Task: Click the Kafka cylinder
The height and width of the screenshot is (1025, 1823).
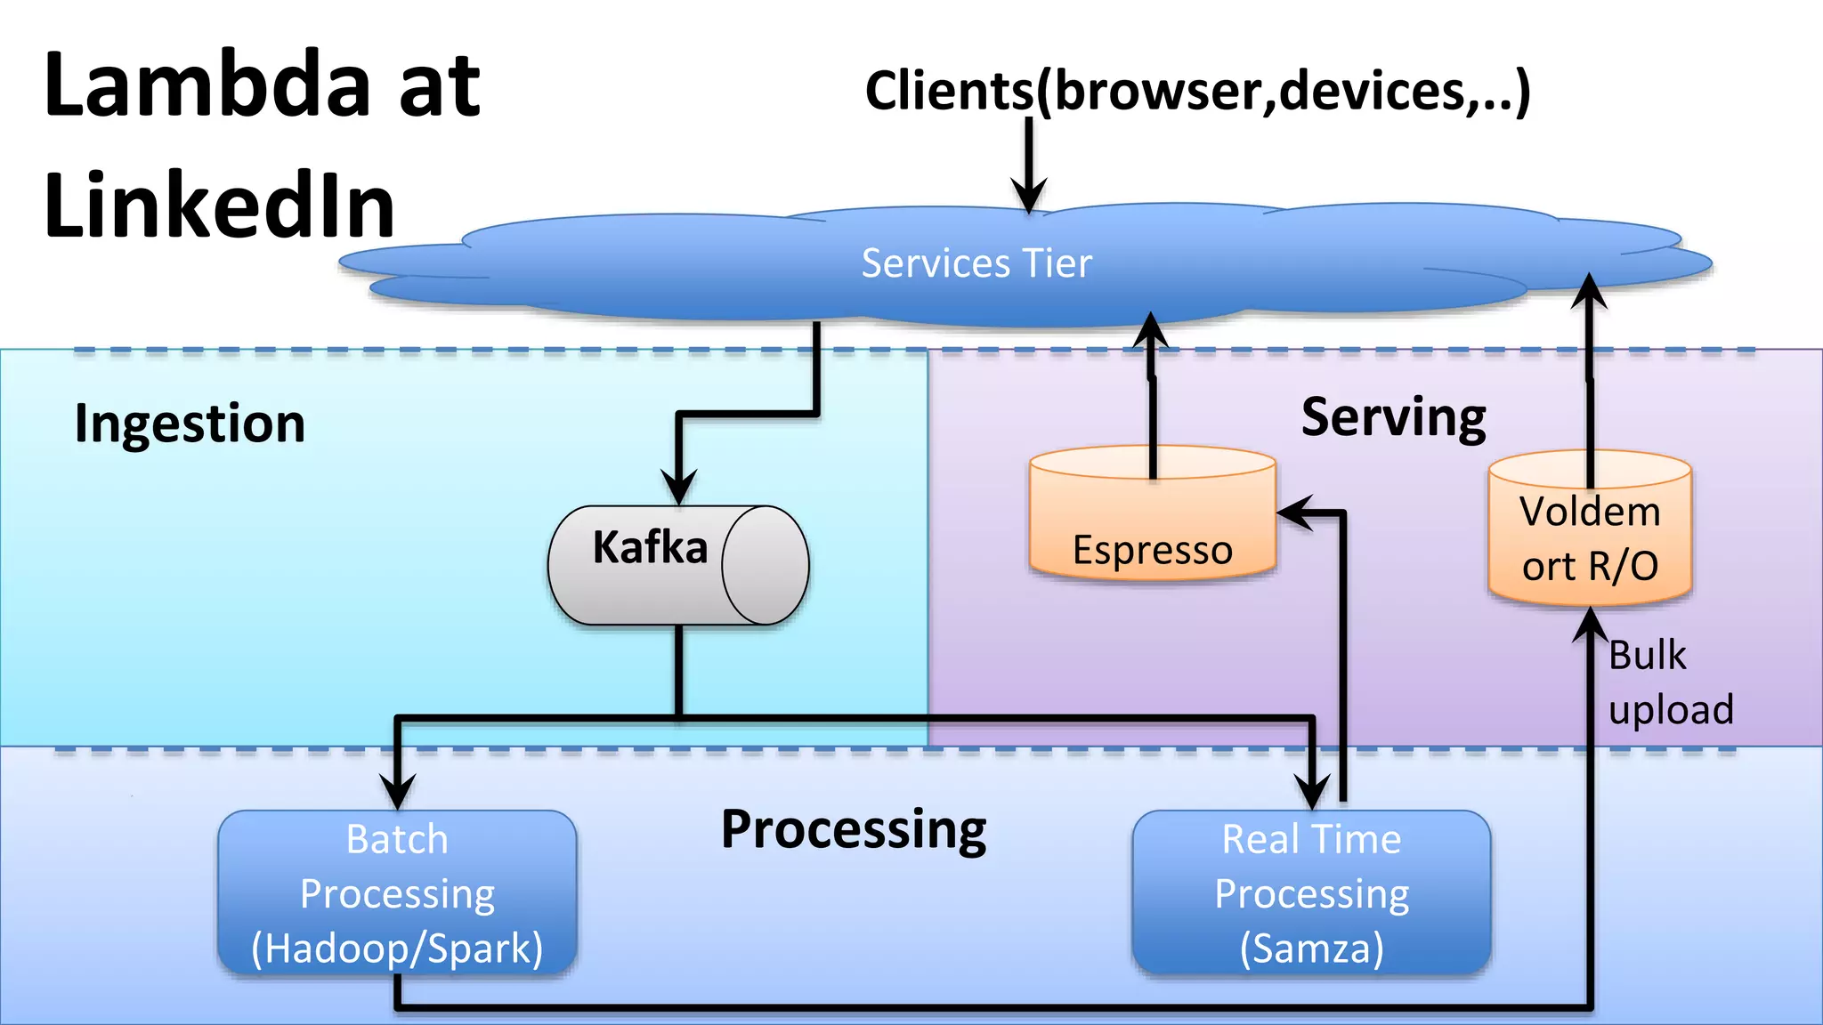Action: click(677, 565)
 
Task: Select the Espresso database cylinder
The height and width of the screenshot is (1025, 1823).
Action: click(1152, 525)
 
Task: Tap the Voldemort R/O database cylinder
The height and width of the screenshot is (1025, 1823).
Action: click(1590, 534)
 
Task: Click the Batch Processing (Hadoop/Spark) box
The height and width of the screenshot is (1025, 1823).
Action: click(397, 892)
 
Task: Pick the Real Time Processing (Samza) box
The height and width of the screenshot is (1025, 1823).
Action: click(1311, 892)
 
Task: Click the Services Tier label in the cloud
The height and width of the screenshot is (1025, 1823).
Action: click(976, 263)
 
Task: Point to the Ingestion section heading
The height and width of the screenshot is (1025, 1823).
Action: click(190, 423)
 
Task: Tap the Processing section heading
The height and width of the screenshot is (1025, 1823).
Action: click(853, 829)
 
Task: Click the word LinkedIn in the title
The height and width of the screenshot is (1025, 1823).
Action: click(219, 206)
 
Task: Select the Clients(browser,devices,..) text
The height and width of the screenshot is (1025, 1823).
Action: click(1197, 91)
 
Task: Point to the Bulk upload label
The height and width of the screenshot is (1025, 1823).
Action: click(1670, 682)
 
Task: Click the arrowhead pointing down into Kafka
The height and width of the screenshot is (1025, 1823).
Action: click(678, 488)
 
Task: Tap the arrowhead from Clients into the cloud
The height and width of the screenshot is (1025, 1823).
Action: click(1029, 196)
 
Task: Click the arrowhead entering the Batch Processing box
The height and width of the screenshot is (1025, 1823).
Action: click(397, 791)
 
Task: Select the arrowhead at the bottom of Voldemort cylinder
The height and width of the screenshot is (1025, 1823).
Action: click(1590, 625)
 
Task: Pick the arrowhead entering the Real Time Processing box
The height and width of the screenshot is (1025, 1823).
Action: click(1312, 791)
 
